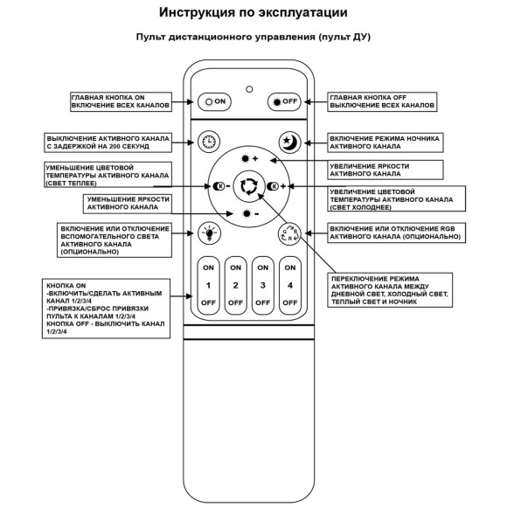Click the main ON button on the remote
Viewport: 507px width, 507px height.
pyautogui.click(x=214, y=101)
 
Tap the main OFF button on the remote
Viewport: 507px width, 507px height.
pyautogui.click(x=284, y=101)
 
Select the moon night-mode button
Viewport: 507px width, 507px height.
pyautogui.click(x=288, y=142)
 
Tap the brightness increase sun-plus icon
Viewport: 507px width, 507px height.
pyautogui.click(x=250, y=158)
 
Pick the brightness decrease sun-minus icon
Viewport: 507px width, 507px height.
pyautogui.click(x=250, y=213)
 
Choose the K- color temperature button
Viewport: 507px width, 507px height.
pyautogui.click(x=221, y=186)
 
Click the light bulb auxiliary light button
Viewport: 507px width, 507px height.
pyautogui.click(x=209, y=232)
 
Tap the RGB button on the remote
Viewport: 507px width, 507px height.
pyautogui.click(x=288, y=233)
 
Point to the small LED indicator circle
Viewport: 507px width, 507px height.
pyautogui.click(x=249, y=89)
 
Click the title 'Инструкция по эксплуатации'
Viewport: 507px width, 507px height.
pyautogui.click(x=253, y=13)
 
